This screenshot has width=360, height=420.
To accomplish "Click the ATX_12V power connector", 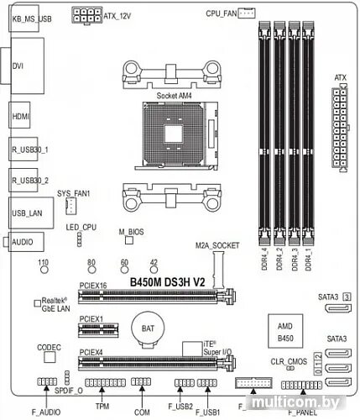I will (x=86, y=15).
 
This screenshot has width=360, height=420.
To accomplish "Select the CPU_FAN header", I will (x=245, y=13).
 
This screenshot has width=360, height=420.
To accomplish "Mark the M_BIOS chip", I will (x=129, y=240).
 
